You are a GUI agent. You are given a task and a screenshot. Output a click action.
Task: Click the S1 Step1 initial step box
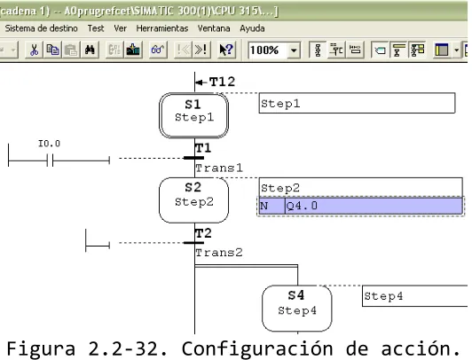193,115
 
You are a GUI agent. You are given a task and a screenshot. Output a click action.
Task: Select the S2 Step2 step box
193,200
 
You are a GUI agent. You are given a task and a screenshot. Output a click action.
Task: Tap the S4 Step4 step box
297,309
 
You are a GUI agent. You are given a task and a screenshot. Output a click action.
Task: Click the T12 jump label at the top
222,82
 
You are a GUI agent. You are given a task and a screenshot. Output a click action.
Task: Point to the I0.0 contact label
49,144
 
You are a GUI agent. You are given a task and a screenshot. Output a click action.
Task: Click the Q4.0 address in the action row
302,206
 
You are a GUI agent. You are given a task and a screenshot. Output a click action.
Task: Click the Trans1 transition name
219,168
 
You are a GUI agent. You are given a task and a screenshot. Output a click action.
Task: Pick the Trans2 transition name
219,253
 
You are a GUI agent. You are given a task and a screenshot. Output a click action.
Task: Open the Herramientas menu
162,28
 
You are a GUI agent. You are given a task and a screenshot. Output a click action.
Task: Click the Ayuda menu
252,28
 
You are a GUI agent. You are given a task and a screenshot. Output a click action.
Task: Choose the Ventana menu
214,28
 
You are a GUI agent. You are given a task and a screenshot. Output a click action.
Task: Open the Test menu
96,28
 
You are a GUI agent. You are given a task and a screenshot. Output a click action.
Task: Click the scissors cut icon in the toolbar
34,50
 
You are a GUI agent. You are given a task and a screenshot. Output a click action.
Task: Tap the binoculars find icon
90,50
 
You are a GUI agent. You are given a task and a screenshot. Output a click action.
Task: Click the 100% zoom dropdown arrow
294,50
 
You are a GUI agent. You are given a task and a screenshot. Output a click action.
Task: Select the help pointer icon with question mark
226,50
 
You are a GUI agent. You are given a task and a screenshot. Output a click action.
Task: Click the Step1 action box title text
280,104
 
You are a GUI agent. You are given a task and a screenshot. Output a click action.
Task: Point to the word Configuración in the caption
257,348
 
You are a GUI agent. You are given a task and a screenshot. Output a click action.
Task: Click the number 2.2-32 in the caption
122,348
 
